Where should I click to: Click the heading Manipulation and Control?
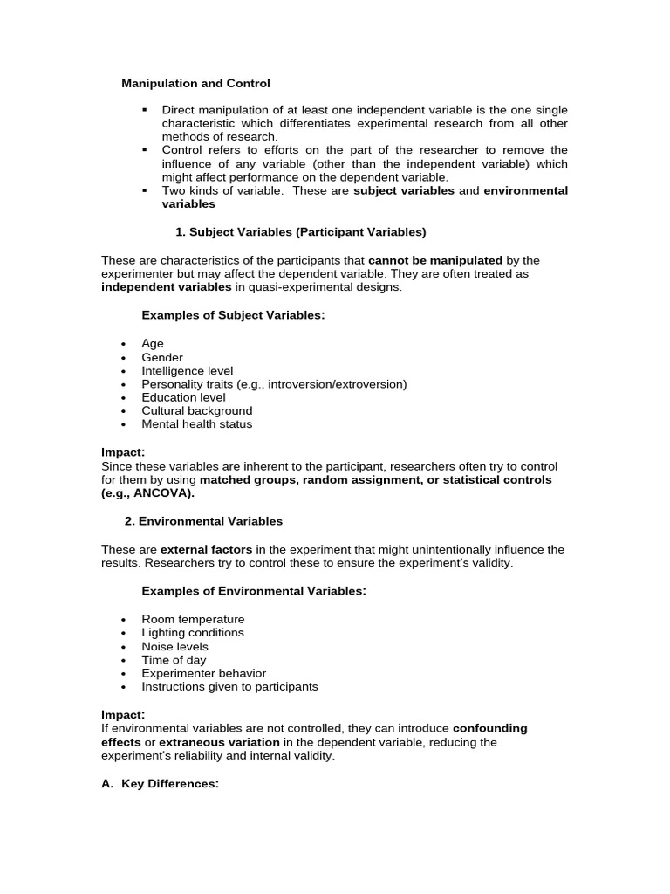[195, 83]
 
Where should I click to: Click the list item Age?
[153, 344]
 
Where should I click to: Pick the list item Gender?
[162, 357]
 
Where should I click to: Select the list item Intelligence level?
[187, 370]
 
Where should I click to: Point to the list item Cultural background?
[197, 410]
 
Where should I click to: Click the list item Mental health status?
[197, 424]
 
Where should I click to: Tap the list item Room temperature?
[193, 619]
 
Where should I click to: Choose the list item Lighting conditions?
[193, 632]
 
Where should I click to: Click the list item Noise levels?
[175, 646]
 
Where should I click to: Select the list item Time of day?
[174, 659]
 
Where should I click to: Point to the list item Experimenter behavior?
[204, 673]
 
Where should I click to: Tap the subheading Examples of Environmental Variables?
[254, 591]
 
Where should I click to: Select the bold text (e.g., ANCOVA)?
[147, 493]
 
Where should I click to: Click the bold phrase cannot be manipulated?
[435, 260]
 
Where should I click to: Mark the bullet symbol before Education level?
[125, 397]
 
